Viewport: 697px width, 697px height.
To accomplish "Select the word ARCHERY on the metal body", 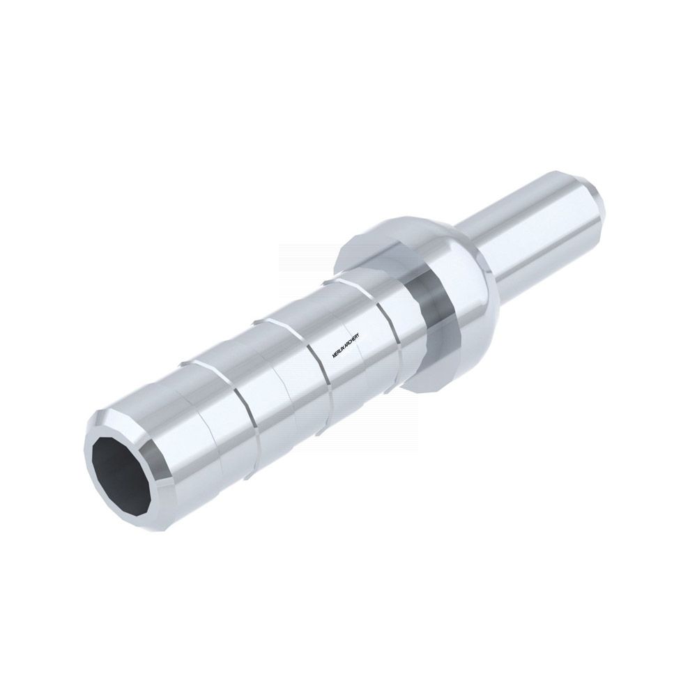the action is [x=355, y=339].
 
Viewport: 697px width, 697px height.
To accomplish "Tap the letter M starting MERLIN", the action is [x=334, y=355].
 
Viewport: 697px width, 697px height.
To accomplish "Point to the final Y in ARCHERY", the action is [x=362, y=334].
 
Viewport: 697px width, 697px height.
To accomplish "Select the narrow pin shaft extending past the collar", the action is [x=533, y=231].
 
